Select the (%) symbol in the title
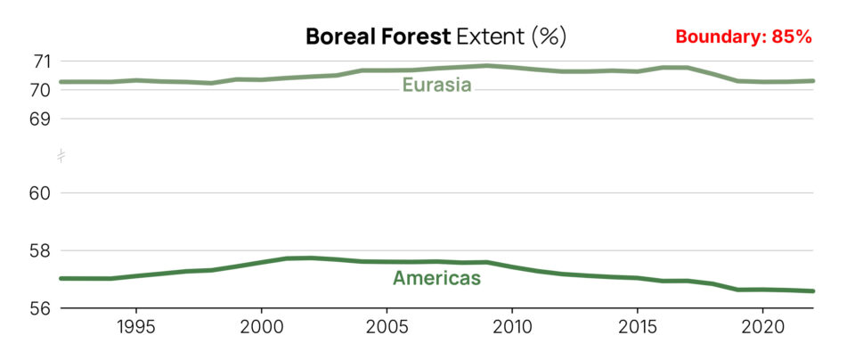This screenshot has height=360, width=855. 549,37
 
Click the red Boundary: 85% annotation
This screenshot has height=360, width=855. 743,37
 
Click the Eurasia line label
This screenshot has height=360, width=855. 436,86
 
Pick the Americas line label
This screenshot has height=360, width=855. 436,278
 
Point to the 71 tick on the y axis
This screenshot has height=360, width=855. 42,61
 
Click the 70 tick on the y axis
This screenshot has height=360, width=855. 42,90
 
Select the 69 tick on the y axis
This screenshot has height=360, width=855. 42,119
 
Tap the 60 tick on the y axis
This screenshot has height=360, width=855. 42,193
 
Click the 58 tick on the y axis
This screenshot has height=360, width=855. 42,250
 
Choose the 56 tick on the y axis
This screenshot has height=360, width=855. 42,307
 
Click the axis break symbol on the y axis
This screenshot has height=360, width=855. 61,156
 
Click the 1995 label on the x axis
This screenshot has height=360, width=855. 135,327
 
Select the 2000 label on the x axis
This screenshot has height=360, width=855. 261,327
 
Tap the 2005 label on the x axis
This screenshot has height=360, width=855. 387,327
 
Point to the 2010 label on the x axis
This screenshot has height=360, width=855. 512,327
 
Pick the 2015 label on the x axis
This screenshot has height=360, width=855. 637,327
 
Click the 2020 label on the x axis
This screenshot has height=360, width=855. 762,327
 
